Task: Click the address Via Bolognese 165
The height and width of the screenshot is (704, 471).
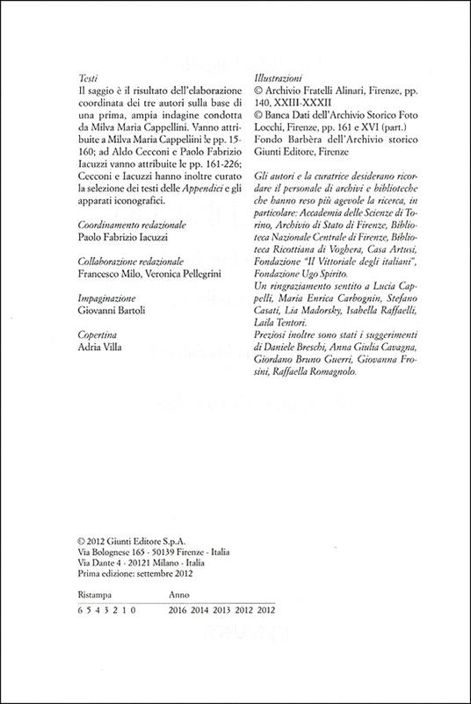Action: [x=104, y=552]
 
